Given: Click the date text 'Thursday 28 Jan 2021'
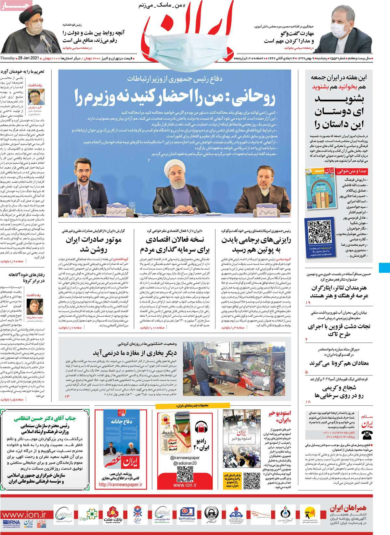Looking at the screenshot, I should coord(19,58).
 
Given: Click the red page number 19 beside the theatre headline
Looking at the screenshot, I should coord(308,303).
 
